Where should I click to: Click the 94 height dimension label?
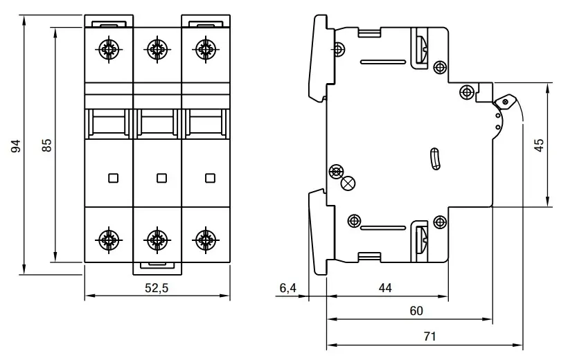16,145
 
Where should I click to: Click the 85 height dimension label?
47,145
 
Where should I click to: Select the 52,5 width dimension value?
157,288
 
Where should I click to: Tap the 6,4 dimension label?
288,288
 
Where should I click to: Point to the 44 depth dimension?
385,288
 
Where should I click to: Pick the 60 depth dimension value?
416,311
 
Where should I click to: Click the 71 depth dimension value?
429,336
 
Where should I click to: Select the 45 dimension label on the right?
539,145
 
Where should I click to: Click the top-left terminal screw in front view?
109,49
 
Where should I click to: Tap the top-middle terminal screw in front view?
157,49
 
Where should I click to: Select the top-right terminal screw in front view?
206,49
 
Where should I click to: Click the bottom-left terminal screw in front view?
109,240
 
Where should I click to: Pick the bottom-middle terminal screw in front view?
157,240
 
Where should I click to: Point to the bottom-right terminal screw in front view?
206,240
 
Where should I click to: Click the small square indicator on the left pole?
114,178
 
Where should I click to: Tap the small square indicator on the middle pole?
161,178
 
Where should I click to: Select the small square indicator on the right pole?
210,178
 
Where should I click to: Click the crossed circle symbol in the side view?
348,183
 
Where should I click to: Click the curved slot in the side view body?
435,159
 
